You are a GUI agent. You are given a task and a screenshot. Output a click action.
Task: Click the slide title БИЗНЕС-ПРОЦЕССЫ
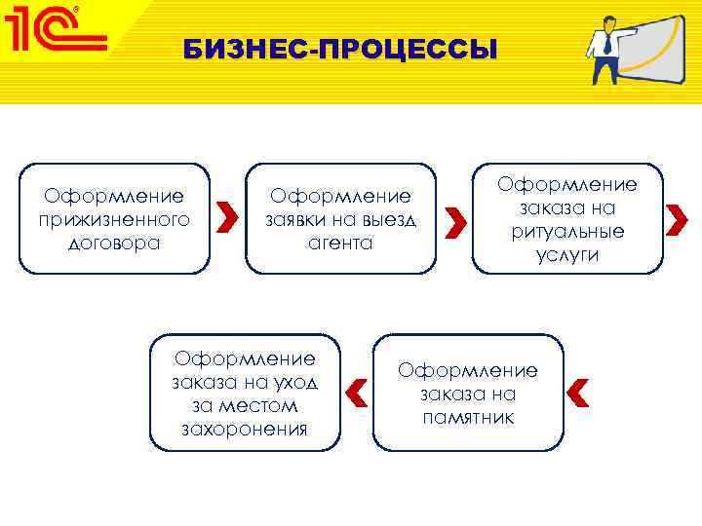point(339,50)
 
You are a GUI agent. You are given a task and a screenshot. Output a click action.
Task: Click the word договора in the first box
point(114,243)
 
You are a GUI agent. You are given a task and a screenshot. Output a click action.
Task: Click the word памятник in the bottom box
point(468,417)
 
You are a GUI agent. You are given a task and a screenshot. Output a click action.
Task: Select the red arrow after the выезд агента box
point(453,222)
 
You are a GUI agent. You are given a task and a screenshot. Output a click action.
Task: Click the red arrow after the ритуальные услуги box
point(677,222)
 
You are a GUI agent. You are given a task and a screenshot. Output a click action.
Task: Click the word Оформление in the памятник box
point(468,371)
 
